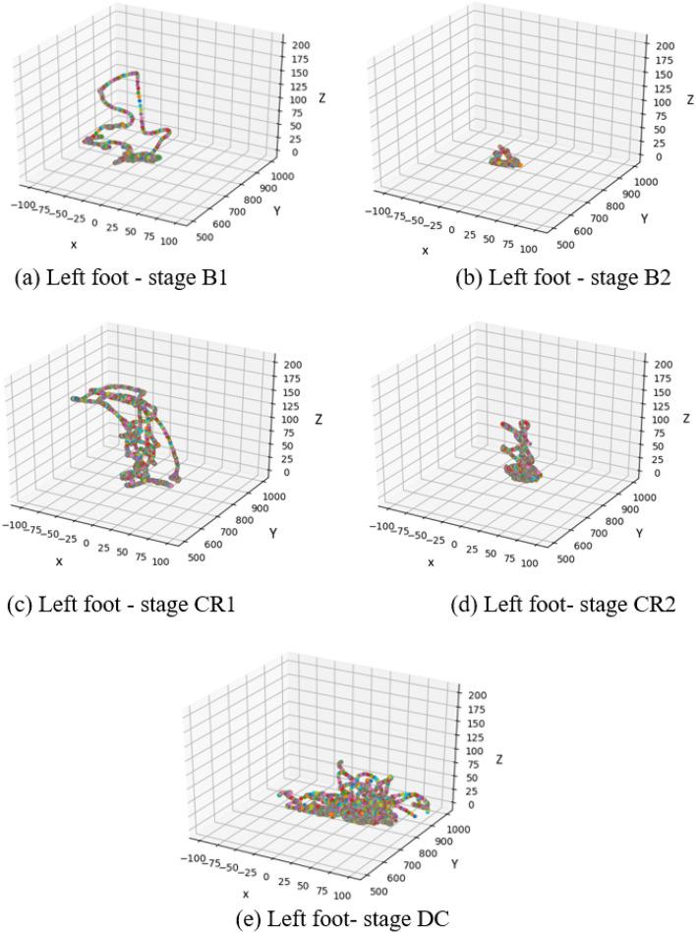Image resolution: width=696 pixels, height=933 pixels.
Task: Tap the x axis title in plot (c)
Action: (59, 561)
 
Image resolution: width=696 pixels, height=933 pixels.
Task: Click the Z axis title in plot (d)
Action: (686, 419)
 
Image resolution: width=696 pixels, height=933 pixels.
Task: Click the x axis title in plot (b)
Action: (425, 251)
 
